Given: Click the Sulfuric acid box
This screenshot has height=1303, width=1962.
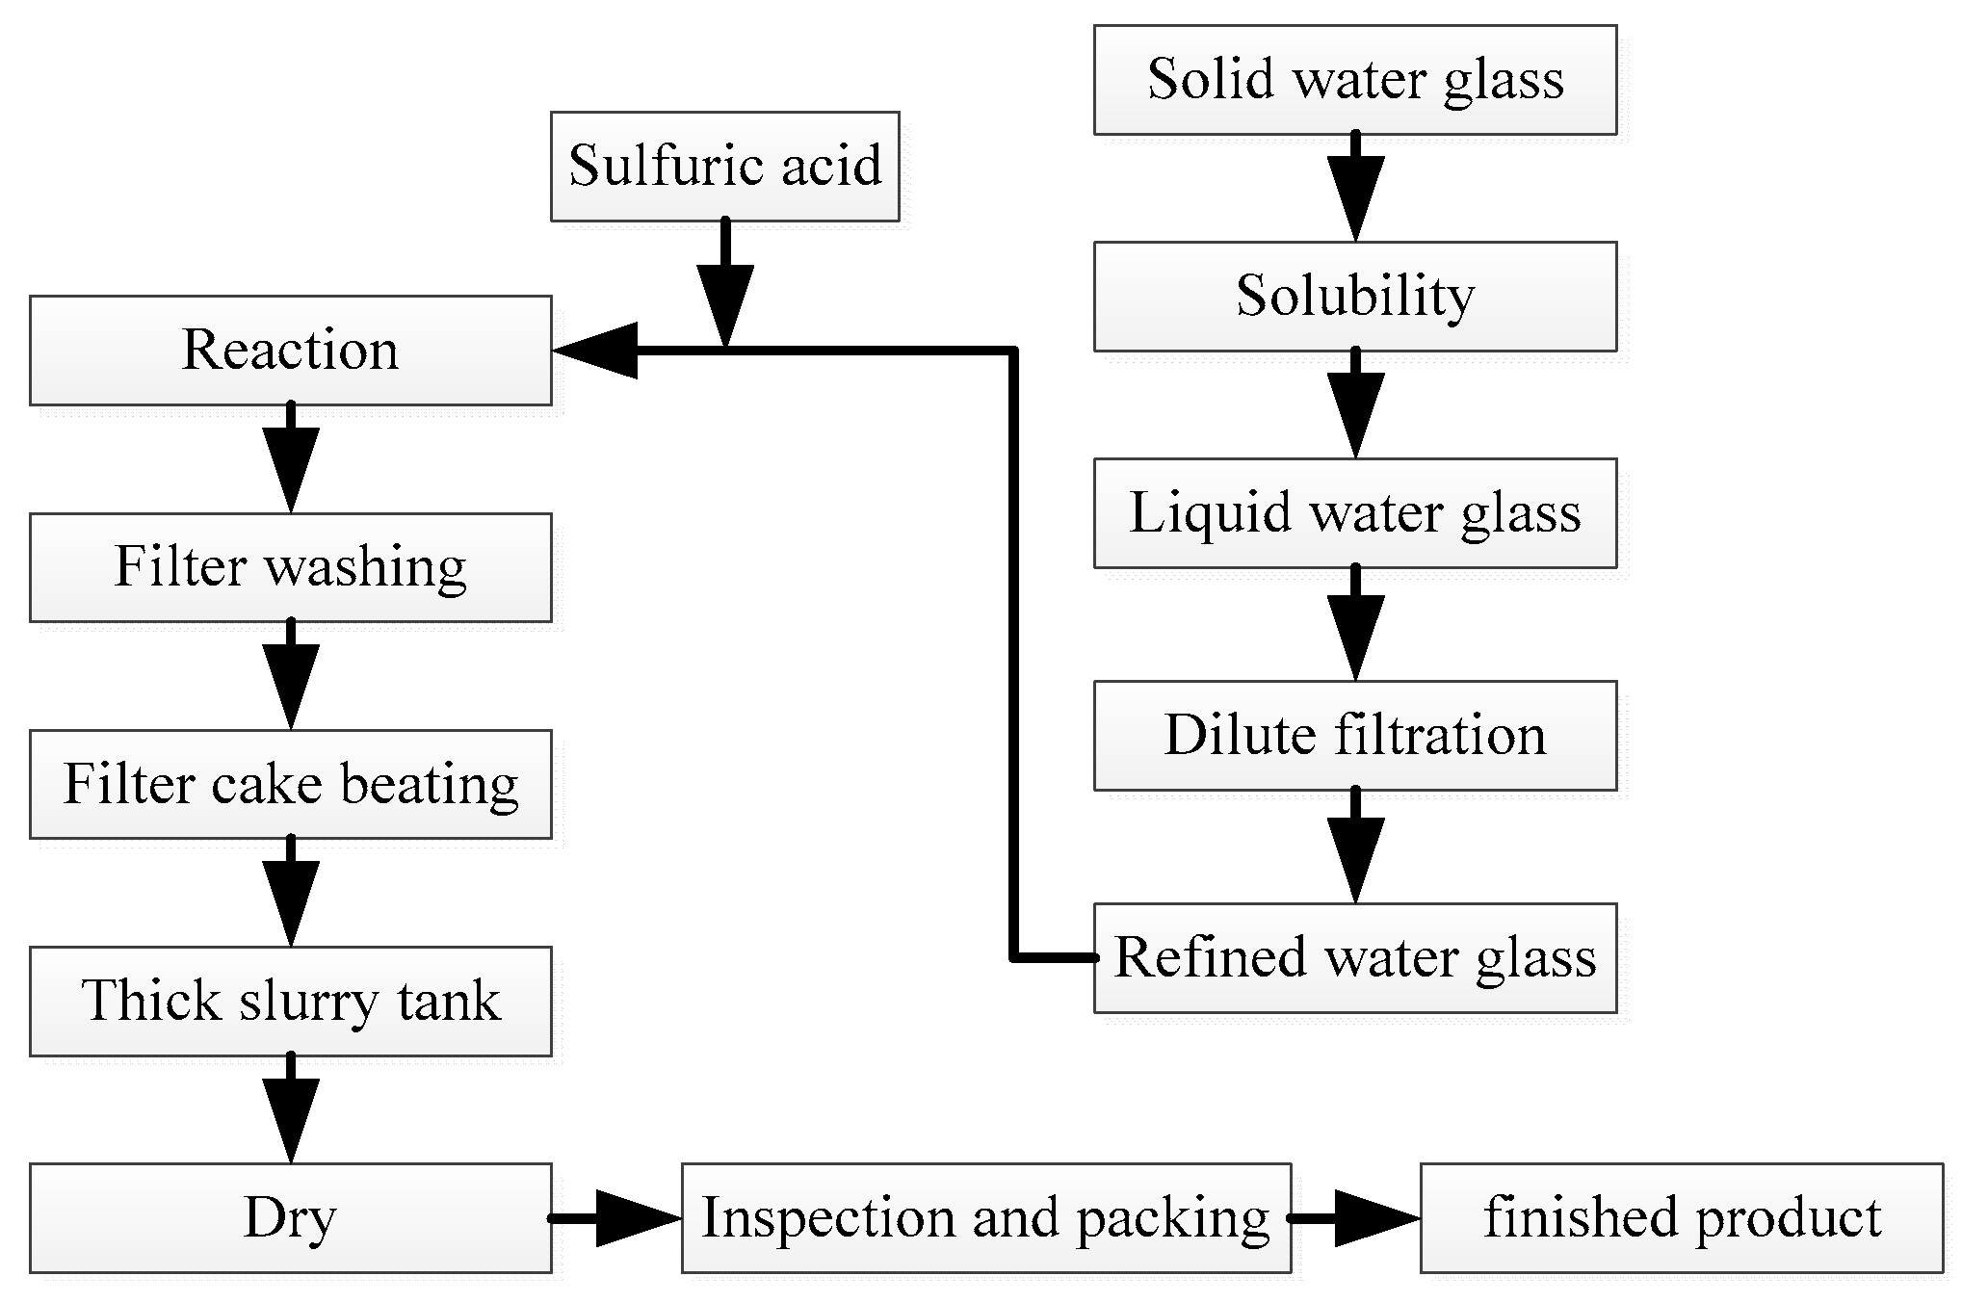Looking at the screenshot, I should tap(724, 166).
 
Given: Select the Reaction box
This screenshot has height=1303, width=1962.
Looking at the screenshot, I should tap(290, 350).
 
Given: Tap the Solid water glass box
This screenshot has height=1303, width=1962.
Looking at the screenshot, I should tap(1354, 79).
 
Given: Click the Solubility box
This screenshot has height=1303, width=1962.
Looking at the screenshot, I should tap(1354, 296).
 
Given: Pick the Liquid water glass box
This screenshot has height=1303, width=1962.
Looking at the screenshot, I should tap(1354, 512).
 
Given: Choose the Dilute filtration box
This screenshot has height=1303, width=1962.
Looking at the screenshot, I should tap(1354, 736).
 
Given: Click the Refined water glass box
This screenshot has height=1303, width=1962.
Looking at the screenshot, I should tap(1354, 957).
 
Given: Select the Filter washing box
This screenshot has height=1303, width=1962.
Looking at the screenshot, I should tap(290, 566).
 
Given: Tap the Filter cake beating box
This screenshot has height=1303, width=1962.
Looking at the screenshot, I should tap(290, 784).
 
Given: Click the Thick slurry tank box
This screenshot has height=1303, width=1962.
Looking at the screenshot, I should tap(290, 1001).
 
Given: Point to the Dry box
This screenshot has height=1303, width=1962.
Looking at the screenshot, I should tap(290, 1217).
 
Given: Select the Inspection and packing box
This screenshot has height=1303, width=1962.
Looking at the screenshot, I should tap(985, 1217).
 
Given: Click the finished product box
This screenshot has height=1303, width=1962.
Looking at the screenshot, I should tap(1681, 1217).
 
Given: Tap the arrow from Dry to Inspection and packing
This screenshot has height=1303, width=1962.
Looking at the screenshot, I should tap(616, 1218).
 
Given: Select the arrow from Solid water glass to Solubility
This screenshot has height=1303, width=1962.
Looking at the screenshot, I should tap(1355, 189).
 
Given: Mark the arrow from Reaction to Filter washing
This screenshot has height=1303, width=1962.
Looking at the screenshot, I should tap(291, 458).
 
